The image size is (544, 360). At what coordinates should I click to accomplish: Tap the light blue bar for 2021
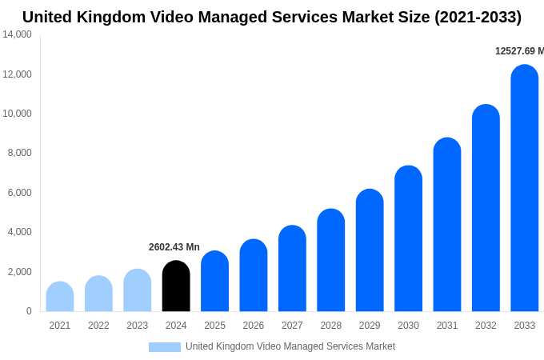60,297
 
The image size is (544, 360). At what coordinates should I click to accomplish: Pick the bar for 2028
331,260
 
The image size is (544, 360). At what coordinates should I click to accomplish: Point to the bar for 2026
254,275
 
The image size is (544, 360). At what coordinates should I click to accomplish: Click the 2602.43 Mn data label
174,247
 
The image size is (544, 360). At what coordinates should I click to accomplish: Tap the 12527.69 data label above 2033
518,51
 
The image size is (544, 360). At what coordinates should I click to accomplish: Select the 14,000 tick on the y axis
17,34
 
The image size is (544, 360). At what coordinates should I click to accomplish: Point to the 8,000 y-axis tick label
19,153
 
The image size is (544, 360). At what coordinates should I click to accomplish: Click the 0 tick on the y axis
29,311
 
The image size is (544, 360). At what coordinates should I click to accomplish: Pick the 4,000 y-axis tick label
19,232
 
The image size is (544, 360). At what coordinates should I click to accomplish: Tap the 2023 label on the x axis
138,326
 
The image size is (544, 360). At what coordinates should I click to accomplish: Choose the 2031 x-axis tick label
447,326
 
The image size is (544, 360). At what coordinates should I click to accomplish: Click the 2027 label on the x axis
292,326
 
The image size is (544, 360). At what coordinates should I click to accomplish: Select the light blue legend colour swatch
165,347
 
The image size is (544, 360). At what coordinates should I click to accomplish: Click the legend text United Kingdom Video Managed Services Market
290,346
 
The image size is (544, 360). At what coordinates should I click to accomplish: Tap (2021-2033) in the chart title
478,17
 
